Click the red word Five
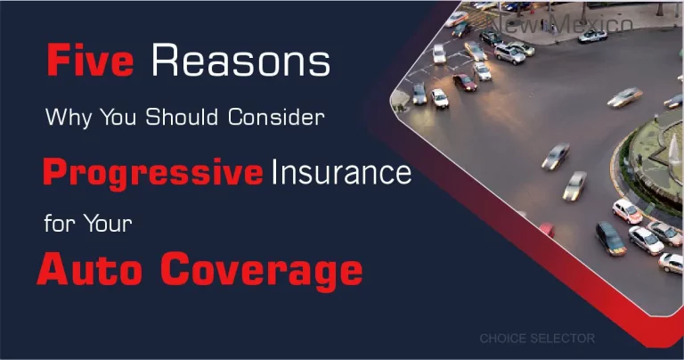pyautogui.click(x=90, y=62)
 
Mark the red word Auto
pyautogui.click(x=90, y=269)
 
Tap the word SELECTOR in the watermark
pyautogui.click(x=566, y=339)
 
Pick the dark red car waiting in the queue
pyautogui.click(x=465, y=82)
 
